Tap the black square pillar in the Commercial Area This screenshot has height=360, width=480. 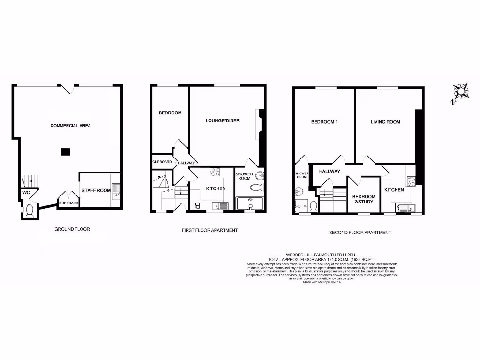click(x=66, y=151)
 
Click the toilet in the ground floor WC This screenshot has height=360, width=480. click(x=29, y=211)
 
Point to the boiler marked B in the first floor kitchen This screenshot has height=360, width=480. click(x=197, y=205)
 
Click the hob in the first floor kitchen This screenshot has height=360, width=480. click(x=215, y=172)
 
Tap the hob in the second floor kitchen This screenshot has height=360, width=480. click(x=411, y=180)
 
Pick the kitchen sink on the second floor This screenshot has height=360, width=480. click(x=404, y=207)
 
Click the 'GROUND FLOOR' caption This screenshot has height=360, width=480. click(x=72, y=229)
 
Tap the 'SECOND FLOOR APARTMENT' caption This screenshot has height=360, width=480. click(x=360, y=232)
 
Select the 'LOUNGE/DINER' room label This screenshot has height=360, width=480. click(x=223, y=121)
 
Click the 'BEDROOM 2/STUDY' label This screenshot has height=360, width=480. click(x=364, y=199)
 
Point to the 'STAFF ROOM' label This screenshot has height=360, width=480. click(x=96, y=191)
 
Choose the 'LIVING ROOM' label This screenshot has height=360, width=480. click(x=385, y=122)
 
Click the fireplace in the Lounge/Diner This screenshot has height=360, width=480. click(x=257, y=125)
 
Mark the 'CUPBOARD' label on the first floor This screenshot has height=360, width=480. click(x=162, y=162)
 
